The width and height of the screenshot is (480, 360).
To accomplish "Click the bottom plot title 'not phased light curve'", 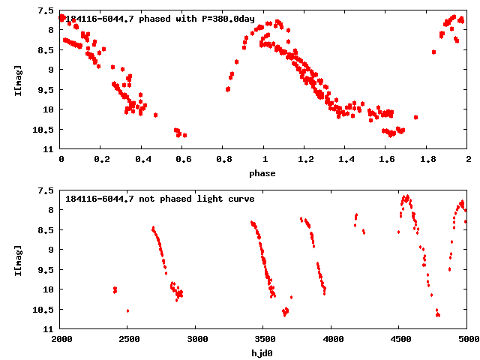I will click(160, 199).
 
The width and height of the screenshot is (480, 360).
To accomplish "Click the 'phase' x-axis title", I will click(262, 173).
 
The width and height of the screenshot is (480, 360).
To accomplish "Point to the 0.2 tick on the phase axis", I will click(101, 159).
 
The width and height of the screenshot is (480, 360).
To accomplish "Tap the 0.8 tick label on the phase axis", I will click(223, 159).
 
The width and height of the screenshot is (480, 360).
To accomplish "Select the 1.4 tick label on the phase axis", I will click(346, 159).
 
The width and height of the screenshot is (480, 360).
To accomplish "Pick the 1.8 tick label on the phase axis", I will click(427, 159).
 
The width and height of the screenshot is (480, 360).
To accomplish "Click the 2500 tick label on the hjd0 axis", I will click(127, 338).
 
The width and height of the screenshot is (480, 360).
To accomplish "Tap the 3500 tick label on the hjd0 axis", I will click(263, 338).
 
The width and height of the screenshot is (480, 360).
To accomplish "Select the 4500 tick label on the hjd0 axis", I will click(399, 338).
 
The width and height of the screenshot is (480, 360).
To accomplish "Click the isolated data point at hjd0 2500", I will click(127, 310).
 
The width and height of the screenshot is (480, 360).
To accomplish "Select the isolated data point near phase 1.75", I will click(415, 117).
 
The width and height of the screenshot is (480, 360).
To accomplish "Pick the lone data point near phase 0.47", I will click(155, 115).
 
